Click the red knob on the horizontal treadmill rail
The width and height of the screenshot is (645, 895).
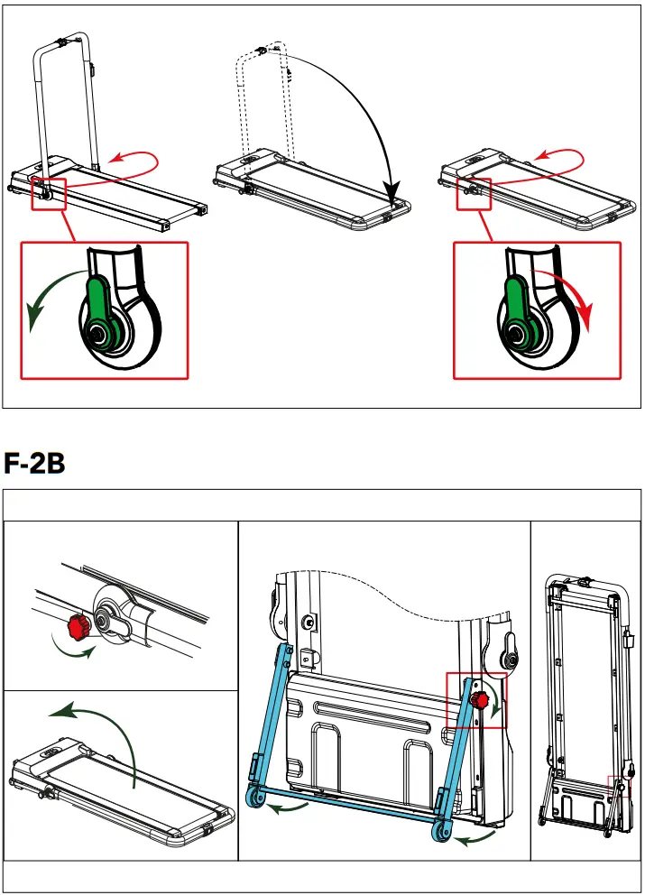(77, 624)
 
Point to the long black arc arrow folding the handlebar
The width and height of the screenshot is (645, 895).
(361, 108)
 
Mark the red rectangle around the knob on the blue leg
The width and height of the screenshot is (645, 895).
(476, 700)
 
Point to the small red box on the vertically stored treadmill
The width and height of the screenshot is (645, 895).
(619, 786)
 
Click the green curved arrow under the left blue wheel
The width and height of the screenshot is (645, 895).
(294, 809)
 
